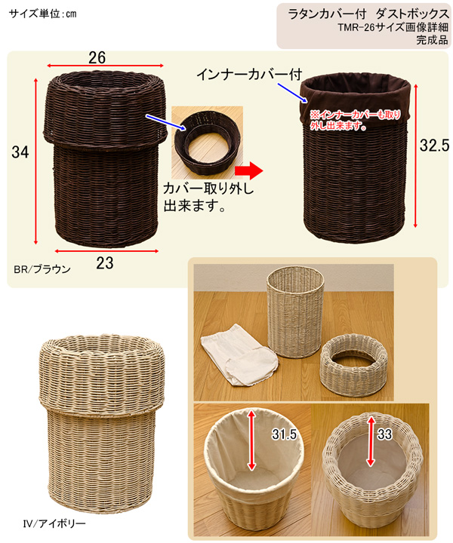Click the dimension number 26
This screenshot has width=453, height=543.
tap(97, 58)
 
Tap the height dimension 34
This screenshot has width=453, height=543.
tap(20, 152)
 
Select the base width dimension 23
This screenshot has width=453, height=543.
tap(105, 263)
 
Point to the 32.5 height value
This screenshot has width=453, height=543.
tap(434, 146)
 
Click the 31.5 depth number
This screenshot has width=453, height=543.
tap(284, 434)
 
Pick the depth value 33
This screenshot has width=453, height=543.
tap(384, 434)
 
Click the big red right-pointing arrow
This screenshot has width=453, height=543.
tap(249, 170)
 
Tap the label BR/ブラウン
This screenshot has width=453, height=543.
tap(42, 269)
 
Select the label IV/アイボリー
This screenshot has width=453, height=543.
tap(54, 523)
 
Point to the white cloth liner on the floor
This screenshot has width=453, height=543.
tap(239, 354)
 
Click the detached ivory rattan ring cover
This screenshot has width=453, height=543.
tap(353, 365)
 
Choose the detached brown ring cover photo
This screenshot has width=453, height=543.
tap(208, 143)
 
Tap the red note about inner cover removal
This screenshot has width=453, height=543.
tap(355, 120)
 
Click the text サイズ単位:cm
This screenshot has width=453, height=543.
tap(42, 14)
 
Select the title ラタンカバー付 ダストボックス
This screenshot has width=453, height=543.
tap(368, 14)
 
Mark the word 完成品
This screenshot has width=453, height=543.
tap(432, 40)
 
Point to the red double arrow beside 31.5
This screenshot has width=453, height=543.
tap(252, 439)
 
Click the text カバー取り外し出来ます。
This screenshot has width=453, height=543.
tap(208, 198)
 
